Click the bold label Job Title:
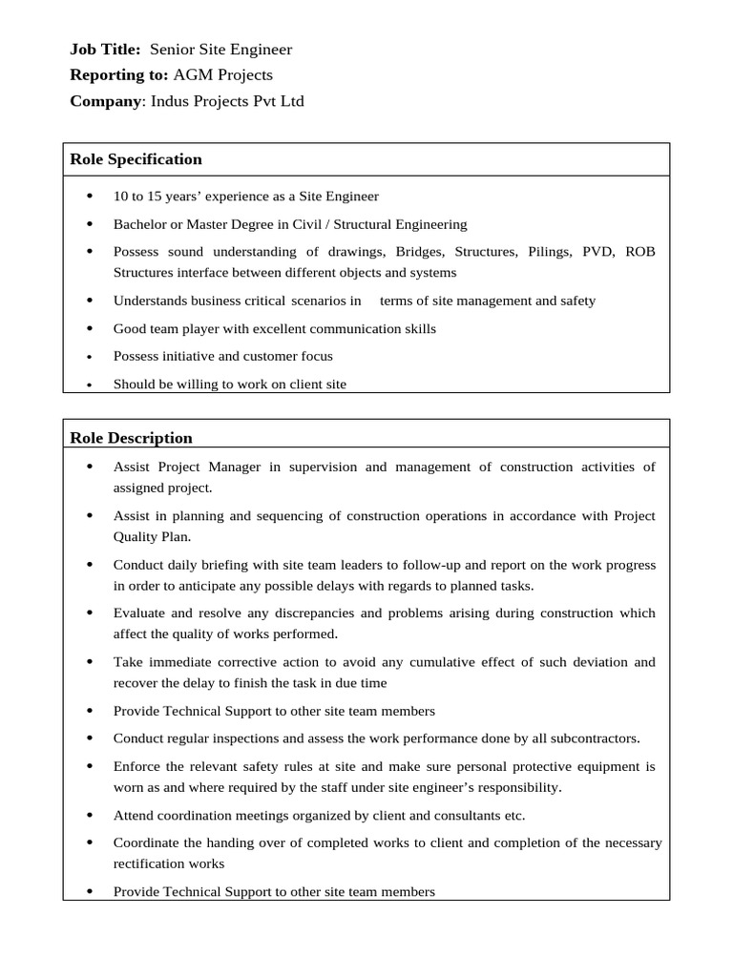[x=105, y=50]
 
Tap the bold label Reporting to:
[x=119, y=74]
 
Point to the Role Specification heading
[x=136, y=159]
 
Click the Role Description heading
[x=132, y=438]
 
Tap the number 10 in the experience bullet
[x=120, y=197]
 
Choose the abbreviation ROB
[x=640, y=252]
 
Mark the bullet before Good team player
[x=90, y=328]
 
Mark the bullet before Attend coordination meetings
[x=90, y=816]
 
